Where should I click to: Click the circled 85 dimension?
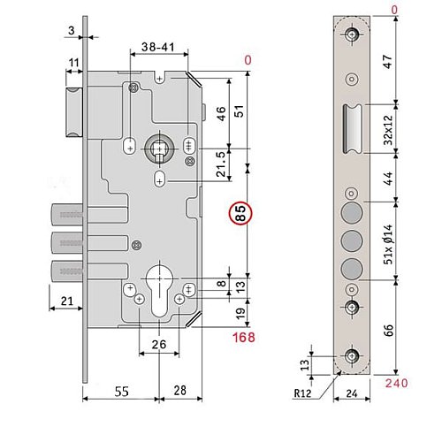coord(240,213)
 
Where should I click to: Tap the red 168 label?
coord(244,338)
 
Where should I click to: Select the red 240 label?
coord(397,383)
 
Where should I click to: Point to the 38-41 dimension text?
coord(158,47)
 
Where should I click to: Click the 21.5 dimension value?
coord(221,164)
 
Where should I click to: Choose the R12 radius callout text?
coord(302,392)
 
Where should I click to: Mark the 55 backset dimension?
coord(121,392)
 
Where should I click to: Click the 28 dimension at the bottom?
coord(180,391)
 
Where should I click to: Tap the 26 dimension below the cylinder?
coord(159,344)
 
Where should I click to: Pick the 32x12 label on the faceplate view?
coord(389,130)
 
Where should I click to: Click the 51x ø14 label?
coord(389,244)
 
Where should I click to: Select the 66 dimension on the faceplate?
coord(389,330)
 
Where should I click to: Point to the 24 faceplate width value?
coord(352,393)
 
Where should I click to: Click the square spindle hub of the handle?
coord(159,149)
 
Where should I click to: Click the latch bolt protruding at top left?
coord(73,112)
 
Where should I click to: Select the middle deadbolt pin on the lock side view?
coord(67,243)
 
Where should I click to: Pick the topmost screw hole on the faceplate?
coord(351,34)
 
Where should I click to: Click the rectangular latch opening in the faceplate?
coord(352,129)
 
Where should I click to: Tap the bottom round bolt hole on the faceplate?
coord(352,269)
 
